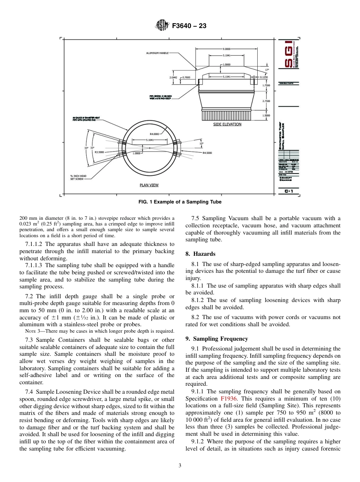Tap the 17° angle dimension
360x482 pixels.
coord(267,70)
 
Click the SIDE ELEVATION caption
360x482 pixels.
coord(227,124)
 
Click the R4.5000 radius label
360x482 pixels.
coord(207,153)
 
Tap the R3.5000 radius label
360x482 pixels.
coord(99,152)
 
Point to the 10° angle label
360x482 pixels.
coord(201,144)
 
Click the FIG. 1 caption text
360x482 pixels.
coord(180,202)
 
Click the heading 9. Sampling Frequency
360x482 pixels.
coord(217,339)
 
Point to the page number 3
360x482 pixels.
coord(180,465)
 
